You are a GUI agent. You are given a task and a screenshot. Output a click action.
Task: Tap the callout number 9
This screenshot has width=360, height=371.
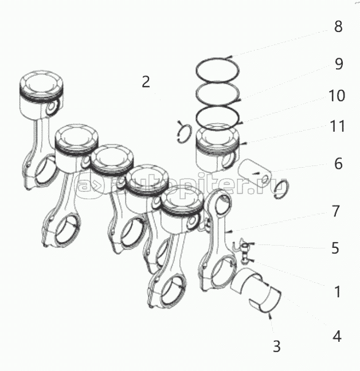click(x=338, y=64)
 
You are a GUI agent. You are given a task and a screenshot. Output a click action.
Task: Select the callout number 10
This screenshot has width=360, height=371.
click(x=338, y=96)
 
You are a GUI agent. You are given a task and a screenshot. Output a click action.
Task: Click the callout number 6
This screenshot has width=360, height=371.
click(x=338, y=164)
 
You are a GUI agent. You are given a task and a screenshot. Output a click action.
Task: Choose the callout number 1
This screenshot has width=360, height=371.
click(x=338, y=291)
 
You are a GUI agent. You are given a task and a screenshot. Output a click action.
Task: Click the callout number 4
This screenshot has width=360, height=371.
click(x=337, y=336)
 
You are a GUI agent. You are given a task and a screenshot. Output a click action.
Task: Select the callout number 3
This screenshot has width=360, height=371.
click(x=277, y=346)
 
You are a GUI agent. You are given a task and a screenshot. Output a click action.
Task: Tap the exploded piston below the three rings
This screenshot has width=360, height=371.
click(x=218, y=149)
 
